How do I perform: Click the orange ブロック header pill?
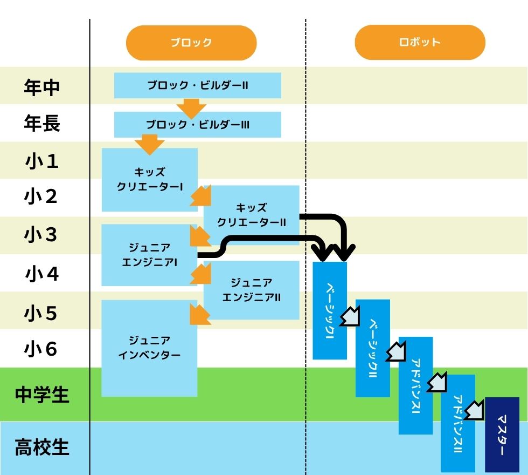(x=191, y=43)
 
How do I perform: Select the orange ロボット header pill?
(x=420, y=43)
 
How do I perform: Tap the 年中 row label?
(x=42, y=86)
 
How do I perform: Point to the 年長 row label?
(x=42, y=124)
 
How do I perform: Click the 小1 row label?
(x=42, y=161)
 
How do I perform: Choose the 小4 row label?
(x=42, y=274)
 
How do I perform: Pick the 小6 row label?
(x=42, y=349)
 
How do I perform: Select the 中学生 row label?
(x=42, y=395)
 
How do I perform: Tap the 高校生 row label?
(x=42, y=448)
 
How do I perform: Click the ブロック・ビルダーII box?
(x=198, y=86)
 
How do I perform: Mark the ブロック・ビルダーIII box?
(x=198, y=125)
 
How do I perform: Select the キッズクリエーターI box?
(x=149, y=180)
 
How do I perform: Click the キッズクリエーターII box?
(x=251, y=215)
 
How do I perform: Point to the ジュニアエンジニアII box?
(x=251, y=290)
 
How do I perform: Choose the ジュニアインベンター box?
(x=149, y=348)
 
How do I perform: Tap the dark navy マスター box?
(x=502, y=435)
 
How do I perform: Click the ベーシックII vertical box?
(x=372, y=348)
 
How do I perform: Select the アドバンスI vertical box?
(x=415, y=385)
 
